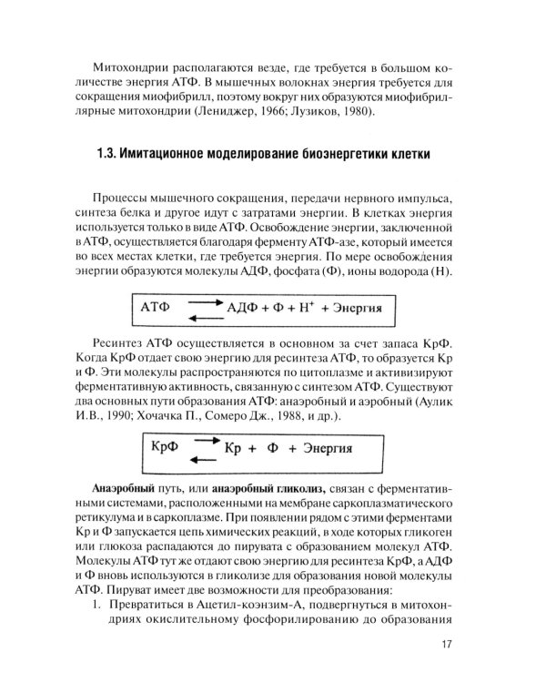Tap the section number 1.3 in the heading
pos(107,151)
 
